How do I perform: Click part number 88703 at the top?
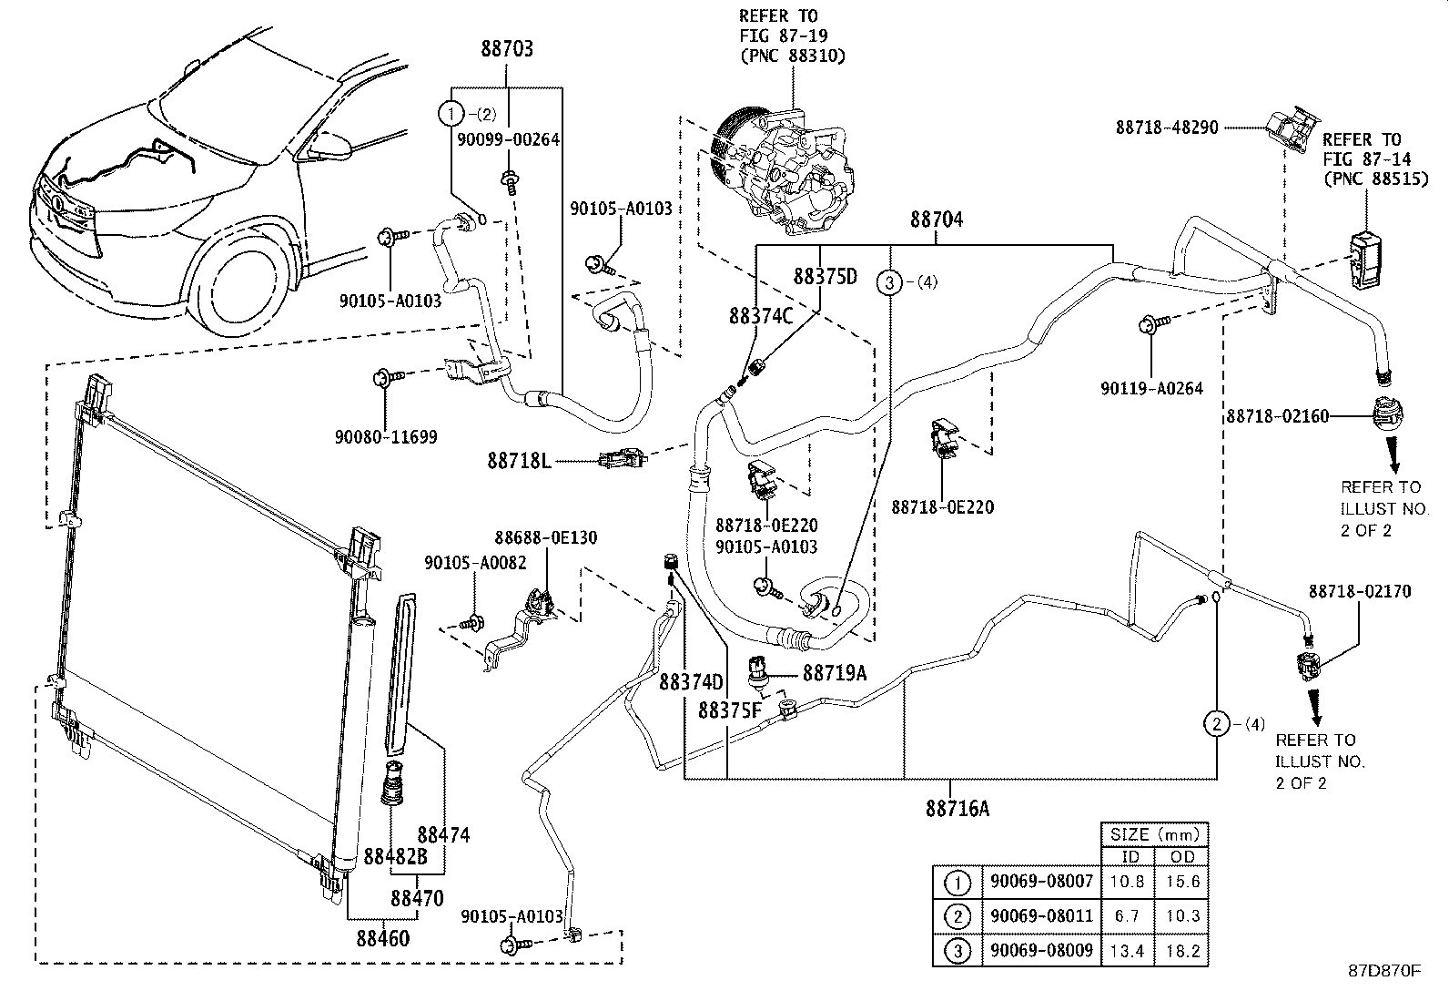507,49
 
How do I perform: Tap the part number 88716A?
956,807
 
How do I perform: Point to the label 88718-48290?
1166,128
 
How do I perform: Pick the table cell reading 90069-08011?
1041,916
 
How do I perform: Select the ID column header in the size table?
1130,856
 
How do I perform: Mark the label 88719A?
834,673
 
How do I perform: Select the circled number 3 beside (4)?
889,282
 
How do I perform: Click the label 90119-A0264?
1150,388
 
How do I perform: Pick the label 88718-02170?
1360,591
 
